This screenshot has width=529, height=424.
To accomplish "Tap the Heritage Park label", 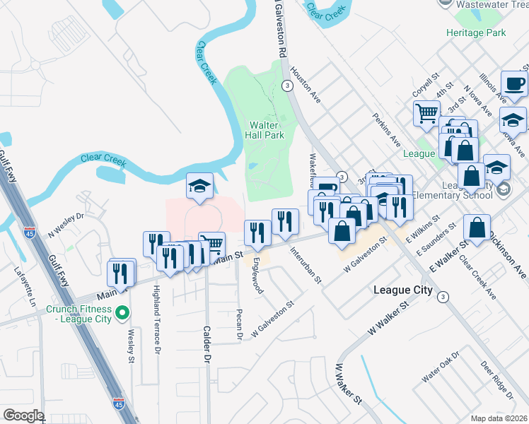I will pos(476,33).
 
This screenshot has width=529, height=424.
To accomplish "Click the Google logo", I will pos(23,416).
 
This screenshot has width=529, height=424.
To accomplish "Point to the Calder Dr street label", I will pos(207,343).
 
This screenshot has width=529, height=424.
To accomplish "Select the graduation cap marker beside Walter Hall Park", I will pos(199,187).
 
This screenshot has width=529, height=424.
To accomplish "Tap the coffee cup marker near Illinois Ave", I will pos(514,84).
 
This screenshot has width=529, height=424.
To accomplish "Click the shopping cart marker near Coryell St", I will pos(427,113).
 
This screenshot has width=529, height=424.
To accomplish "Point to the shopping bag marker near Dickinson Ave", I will pos(477,228).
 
